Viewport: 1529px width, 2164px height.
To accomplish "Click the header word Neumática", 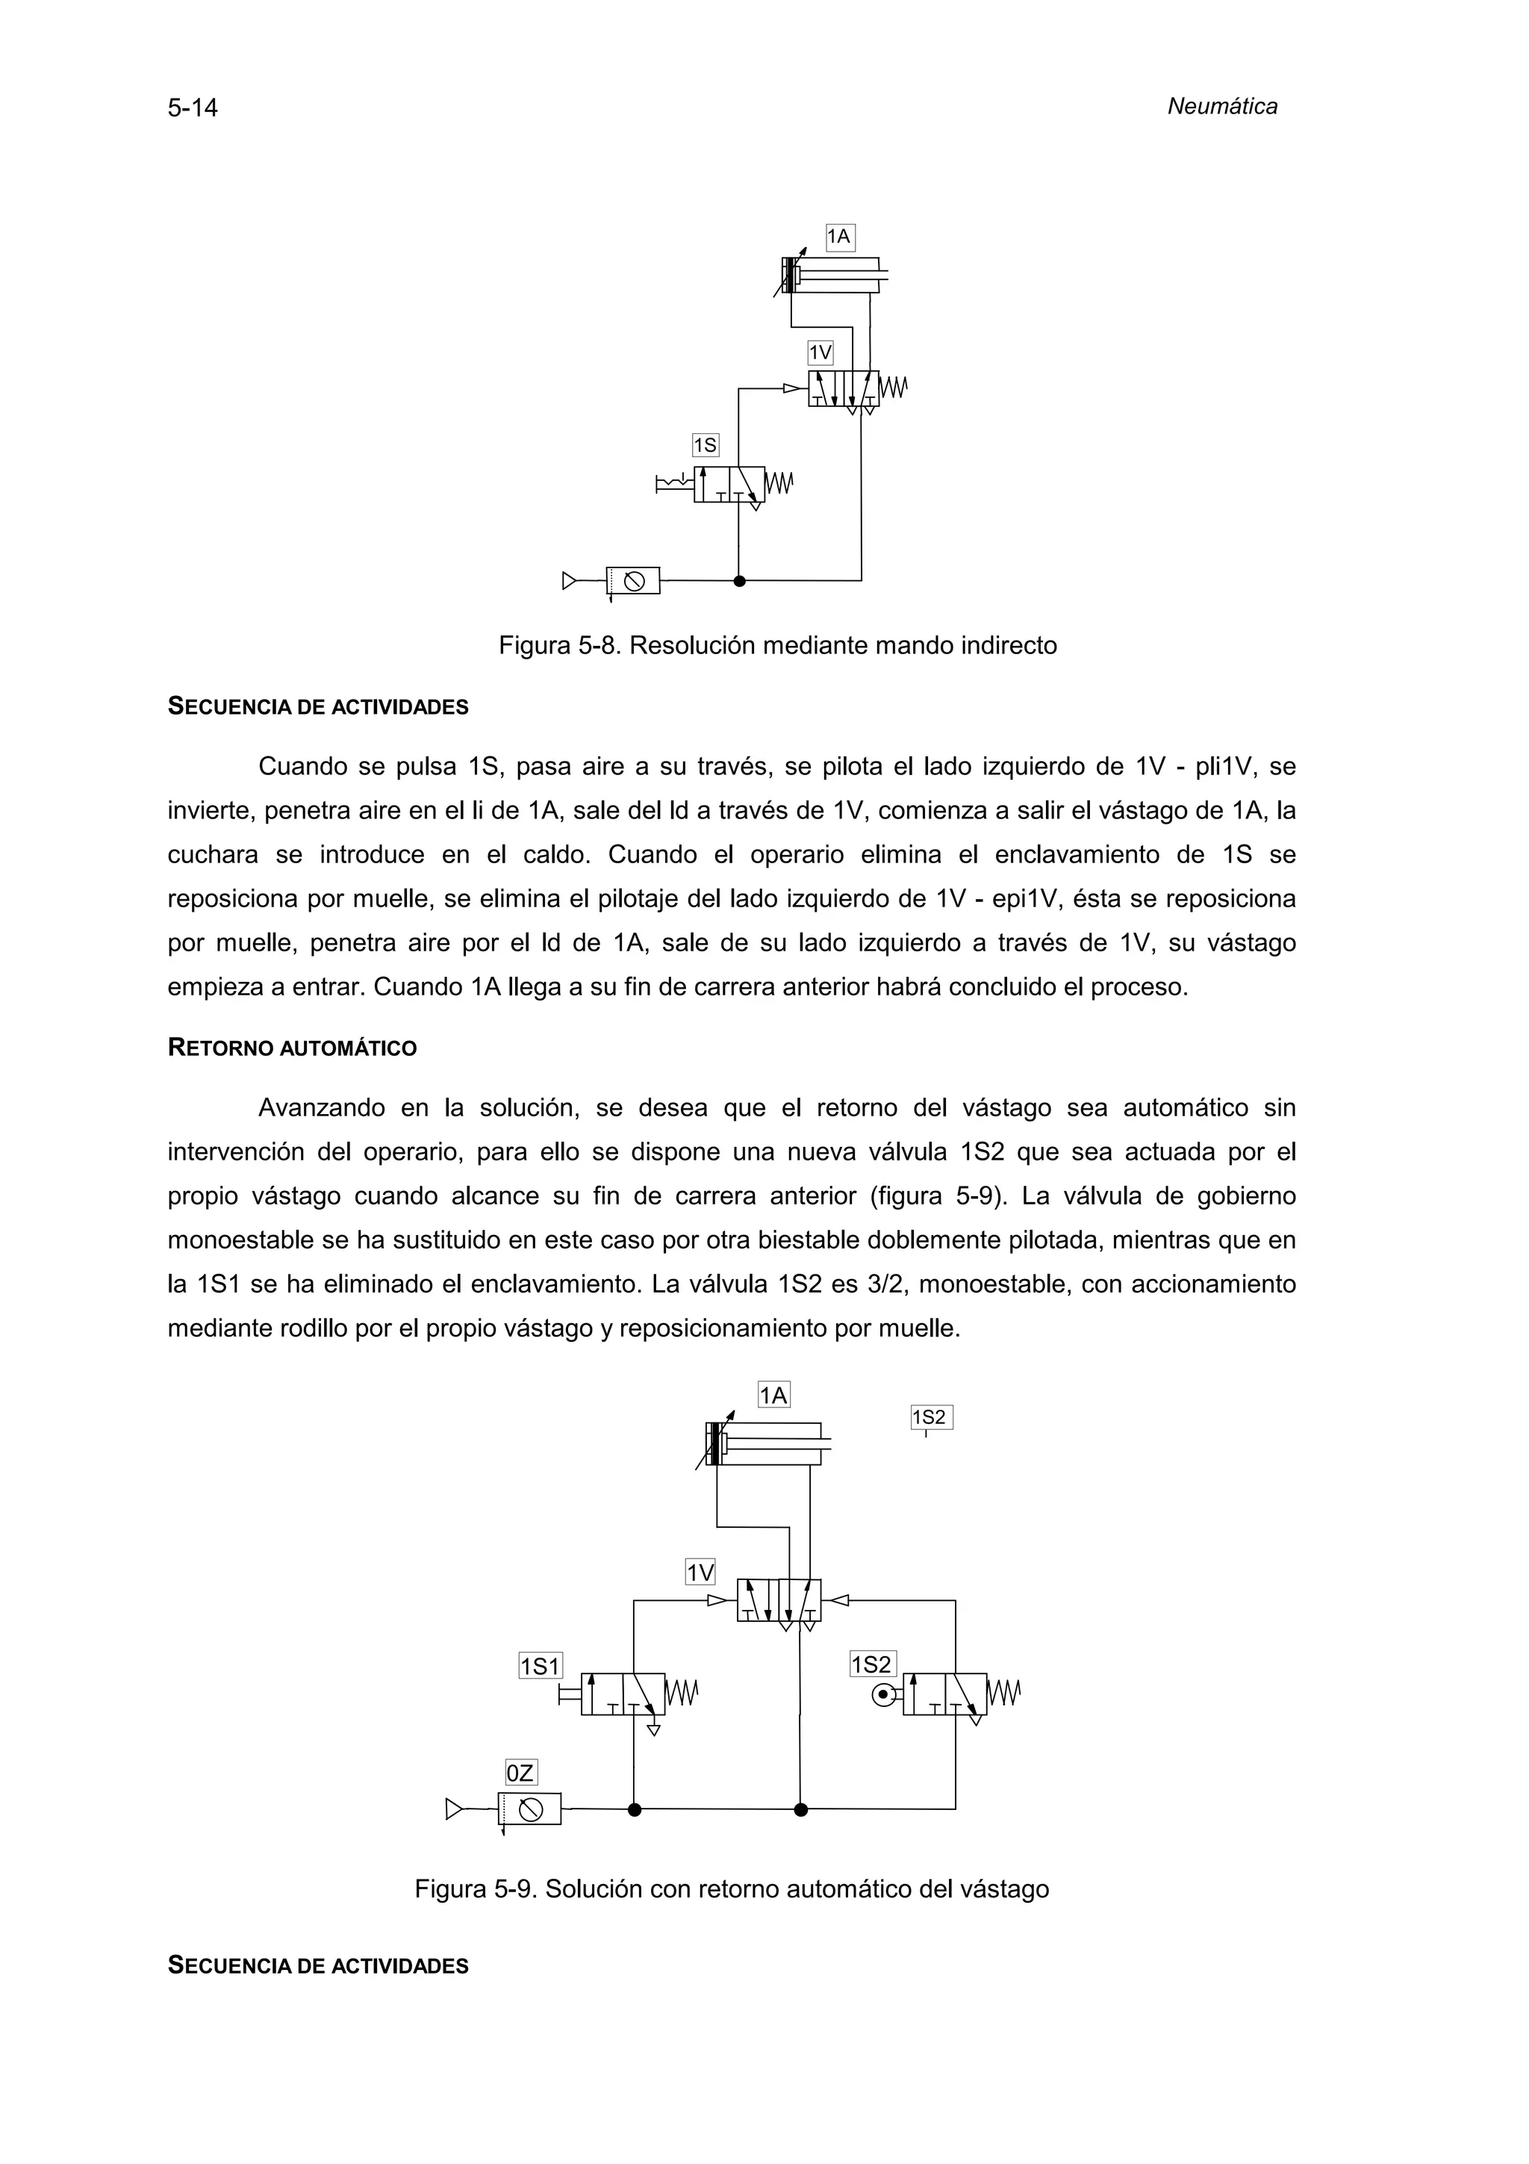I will click(1222, 107).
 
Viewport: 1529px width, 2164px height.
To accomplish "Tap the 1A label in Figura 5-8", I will click(839, 237).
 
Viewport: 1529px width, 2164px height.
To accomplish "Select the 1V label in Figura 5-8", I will click(820, 353).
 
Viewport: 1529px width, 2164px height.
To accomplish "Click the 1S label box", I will click(705, 445).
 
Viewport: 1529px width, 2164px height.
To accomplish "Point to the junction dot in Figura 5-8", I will click(740, 581).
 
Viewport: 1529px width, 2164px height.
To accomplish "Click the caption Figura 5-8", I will click(777, 646).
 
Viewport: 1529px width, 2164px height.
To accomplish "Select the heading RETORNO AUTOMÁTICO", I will click(292, 1048).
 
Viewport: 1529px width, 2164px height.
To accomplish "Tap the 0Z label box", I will click(520, 1773).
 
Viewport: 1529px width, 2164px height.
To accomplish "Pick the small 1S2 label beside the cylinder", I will click(931, 1417).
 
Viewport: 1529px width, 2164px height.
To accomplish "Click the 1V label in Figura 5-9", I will click(700, 1572).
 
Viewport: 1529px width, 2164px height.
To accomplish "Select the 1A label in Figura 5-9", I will click(773, 1395).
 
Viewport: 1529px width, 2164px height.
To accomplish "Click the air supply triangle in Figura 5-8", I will click(568, 581).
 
